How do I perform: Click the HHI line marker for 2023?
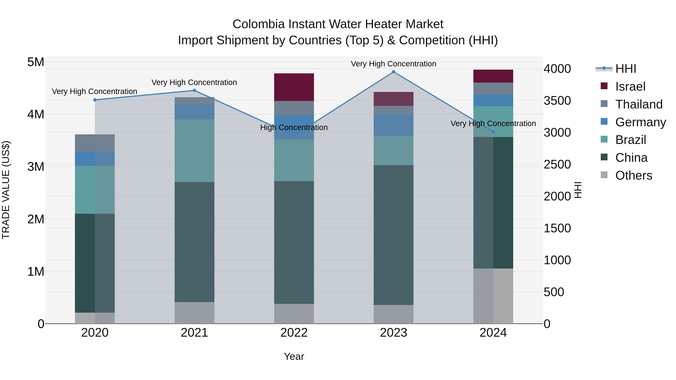pos(393,72)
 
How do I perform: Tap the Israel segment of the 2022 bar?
pos(294,87)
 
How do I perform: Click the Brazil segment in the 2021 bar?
pos(195,151)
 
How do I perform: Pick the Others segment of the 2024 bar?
pos(493,296)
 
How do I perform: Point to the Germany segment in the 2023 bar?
pos(393,125)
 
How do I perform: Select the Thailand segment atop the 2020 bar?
pos(95,143)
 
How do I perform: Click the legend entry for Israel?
pos(630,87)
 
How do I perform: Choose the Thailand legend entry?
pos(638,104)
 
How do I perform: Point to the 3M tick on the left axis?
pos(36,166)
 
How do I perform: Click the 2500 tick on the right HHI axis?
pos(557,164)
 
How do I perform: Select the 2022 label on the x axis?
pos(294,333)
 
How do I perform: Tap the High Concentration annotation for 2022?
pos(294,127)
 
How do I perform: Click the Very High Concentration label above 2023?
pos(393,64)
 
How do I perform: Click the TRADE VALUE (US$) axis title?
pos(6,190)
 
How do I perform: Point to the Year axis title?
pos(294,356)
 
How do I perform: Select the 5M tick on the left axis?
pos(36,62)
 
